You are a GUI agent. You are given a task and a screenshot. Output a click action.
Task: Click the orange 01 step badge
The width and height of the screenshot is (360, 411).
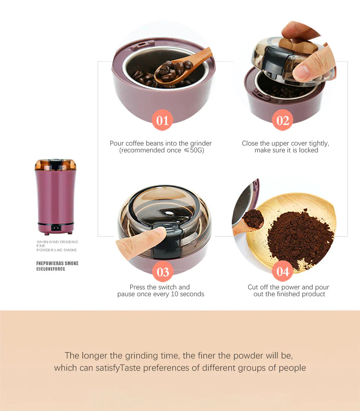point(162,120)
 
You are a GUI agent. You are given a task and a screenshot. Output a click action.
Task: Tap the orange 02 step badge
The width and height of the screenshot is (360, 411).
point(283,120)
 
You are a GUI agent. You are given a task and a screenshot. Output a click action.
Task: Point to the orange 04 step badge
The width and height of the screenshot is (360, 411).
point(283,271)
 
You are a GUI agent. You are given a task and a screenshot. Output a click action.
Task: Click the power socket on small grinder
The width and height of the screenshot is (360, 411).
point(55,228)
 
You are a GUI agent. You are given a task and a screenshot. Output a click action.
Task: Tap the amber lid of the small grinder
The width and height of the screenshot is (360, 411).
point(55,165)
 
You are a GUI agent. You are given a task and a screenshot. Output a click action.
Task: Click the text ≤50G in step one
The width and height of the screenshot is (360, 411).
point(194,150)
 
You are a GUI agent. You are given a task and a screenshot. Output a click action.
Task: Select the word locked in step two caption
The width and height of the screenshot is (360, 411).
point(308,150)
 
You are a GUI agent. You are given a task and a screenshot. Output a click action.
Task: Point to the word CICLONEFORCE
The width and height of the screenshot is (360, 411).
point(51,269)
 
